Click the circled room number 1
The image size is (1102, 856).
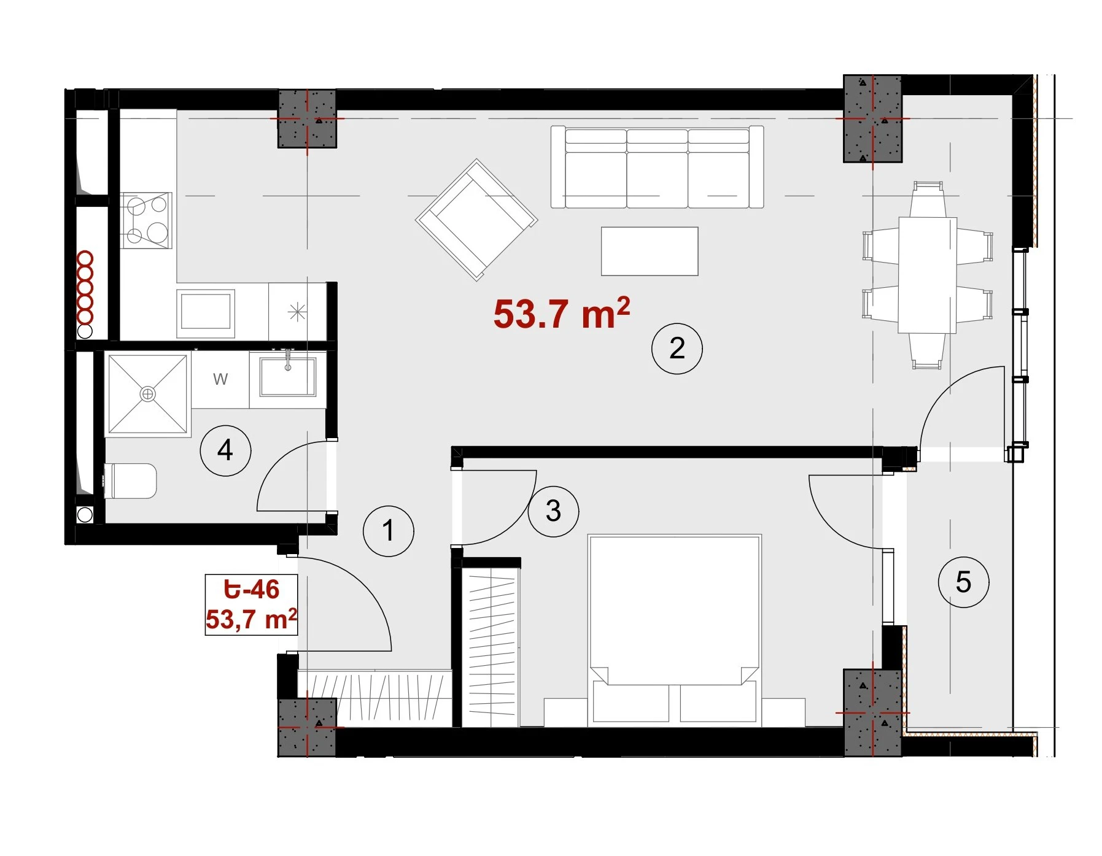388,531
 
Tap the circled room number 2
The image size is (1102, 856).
677,349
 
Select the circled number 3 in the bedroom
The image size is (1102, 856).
553,511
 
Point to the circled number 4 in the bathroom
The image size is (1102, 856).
225,450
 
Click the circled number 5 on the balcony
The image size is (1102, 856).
963,582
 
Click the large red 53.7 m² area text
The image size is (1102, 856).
562,313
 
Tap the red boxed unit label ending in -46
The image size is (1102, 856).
251,604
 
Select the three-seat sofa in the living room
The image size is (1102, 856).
657,167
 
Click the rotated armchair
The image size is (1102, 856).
476,220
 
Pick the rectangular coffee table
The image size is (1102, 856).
650,252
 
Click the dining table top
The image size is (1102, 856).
927,275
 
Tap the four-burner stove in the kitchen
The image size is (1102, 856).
146,220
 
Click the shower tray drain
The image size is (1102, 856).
148,394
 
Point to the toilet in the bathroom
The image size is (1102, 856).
131,480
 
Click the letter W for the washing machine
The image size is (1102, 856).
220,379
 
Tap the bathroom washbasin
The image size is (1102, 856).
287,376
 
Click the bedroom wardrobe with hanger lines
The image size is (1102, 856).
491,643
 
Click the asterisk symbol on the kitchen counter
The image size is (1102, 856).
297,312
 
